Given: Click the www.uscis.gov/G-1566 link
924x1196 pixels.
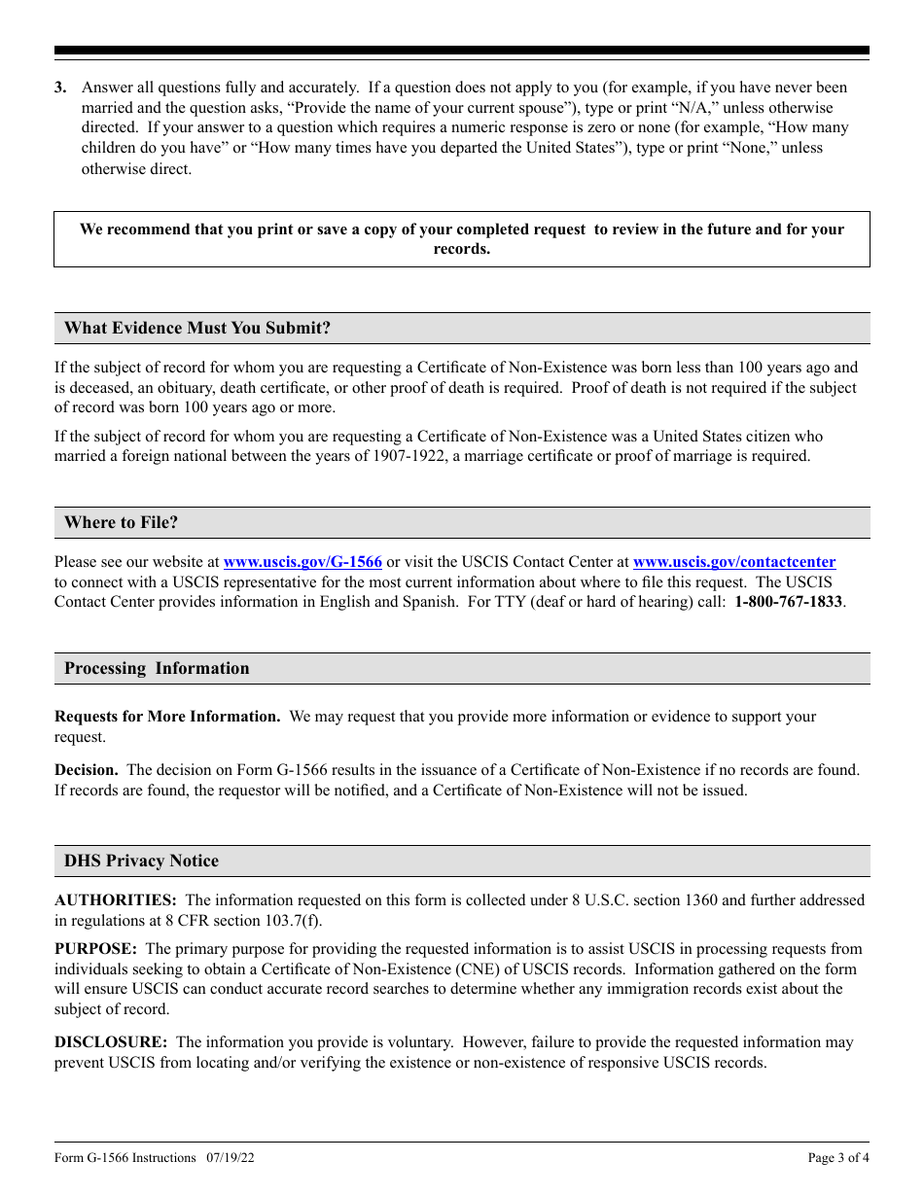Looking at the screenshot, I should pos(302,562).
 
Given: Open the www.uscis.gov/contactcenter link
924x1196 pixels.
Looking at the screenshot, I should pos(733,562).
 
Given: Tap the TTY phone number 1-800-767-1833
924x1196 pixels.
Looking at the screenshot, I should pos(788,602).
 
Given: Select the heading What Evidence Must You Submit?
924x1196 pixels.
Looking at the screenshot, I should pos(197,329).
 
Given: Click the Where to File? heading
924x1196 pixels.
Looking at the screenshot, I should pos(122,523).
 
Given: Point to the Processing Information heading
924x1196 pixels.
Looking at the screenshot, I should pos(157,669).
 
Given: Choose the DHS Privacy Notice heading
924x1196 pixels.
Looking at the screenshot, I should pos(142,862).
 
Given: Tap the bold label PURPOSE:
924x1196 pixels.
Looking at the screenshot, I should pos(95,949).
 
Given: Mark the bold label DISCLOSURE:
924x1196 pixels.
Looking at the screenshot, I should pos(111,1042).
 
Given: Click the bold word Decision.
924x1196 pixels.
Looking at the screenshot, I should pos(87,770).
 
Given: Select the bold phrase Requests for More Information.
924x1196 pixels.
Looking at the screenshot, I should pos(167,717).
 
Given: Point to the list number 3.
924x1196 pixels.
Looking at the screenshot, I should pos(60,88).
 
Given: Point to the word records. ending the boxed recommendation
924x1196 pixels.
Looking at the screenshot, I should pos(461,249).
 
